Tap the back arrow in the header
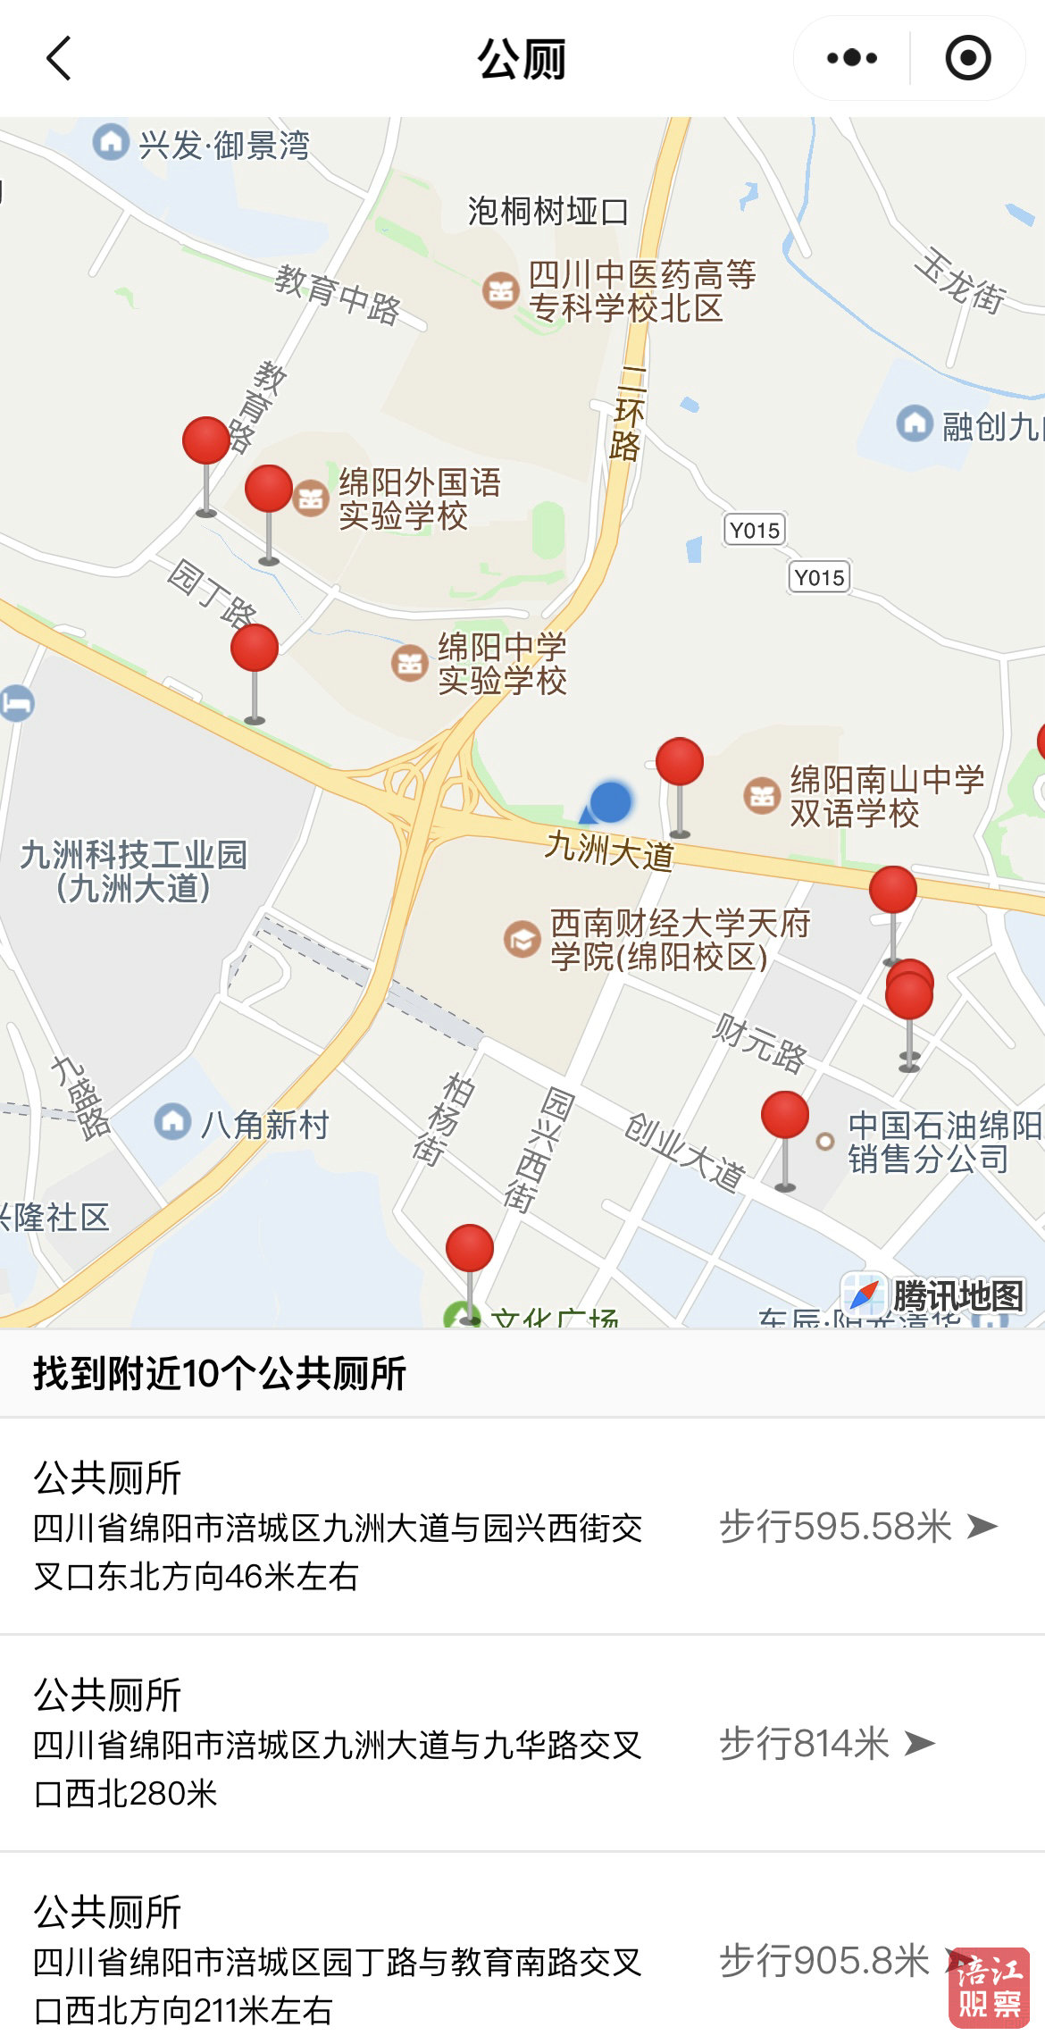point(59,59)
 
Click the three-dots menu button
point(851,59)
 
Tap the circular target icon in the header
point(967,59)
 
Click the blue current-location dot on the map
point(611,801)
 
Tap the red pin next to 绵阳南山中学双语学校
point(680,762)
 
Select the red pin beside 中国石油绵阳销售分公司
point(785,1116)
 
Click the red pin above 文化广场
point(470,1248)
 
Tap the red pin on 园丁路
point(255,649)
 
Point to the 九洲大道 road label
point(609,850)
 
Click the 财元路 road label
point(760,1042)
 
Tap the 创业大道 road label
point(684,1151)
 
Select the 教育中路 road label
point(338,295)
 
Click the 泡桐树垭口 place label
point(548,212)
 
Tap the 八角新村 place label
point(264,1125)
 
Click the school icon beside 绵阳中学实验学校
point(409,663)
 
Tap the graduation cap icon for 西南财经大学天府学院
point(522,939)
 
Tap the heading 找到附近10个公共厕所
point(220,1374)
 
